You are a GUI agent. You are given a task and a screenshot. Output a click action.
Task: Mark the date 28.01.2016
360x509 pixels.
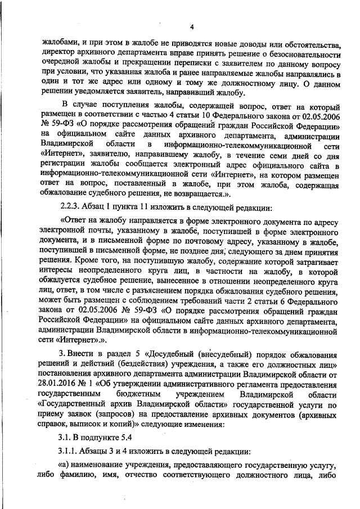(60, 381)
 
